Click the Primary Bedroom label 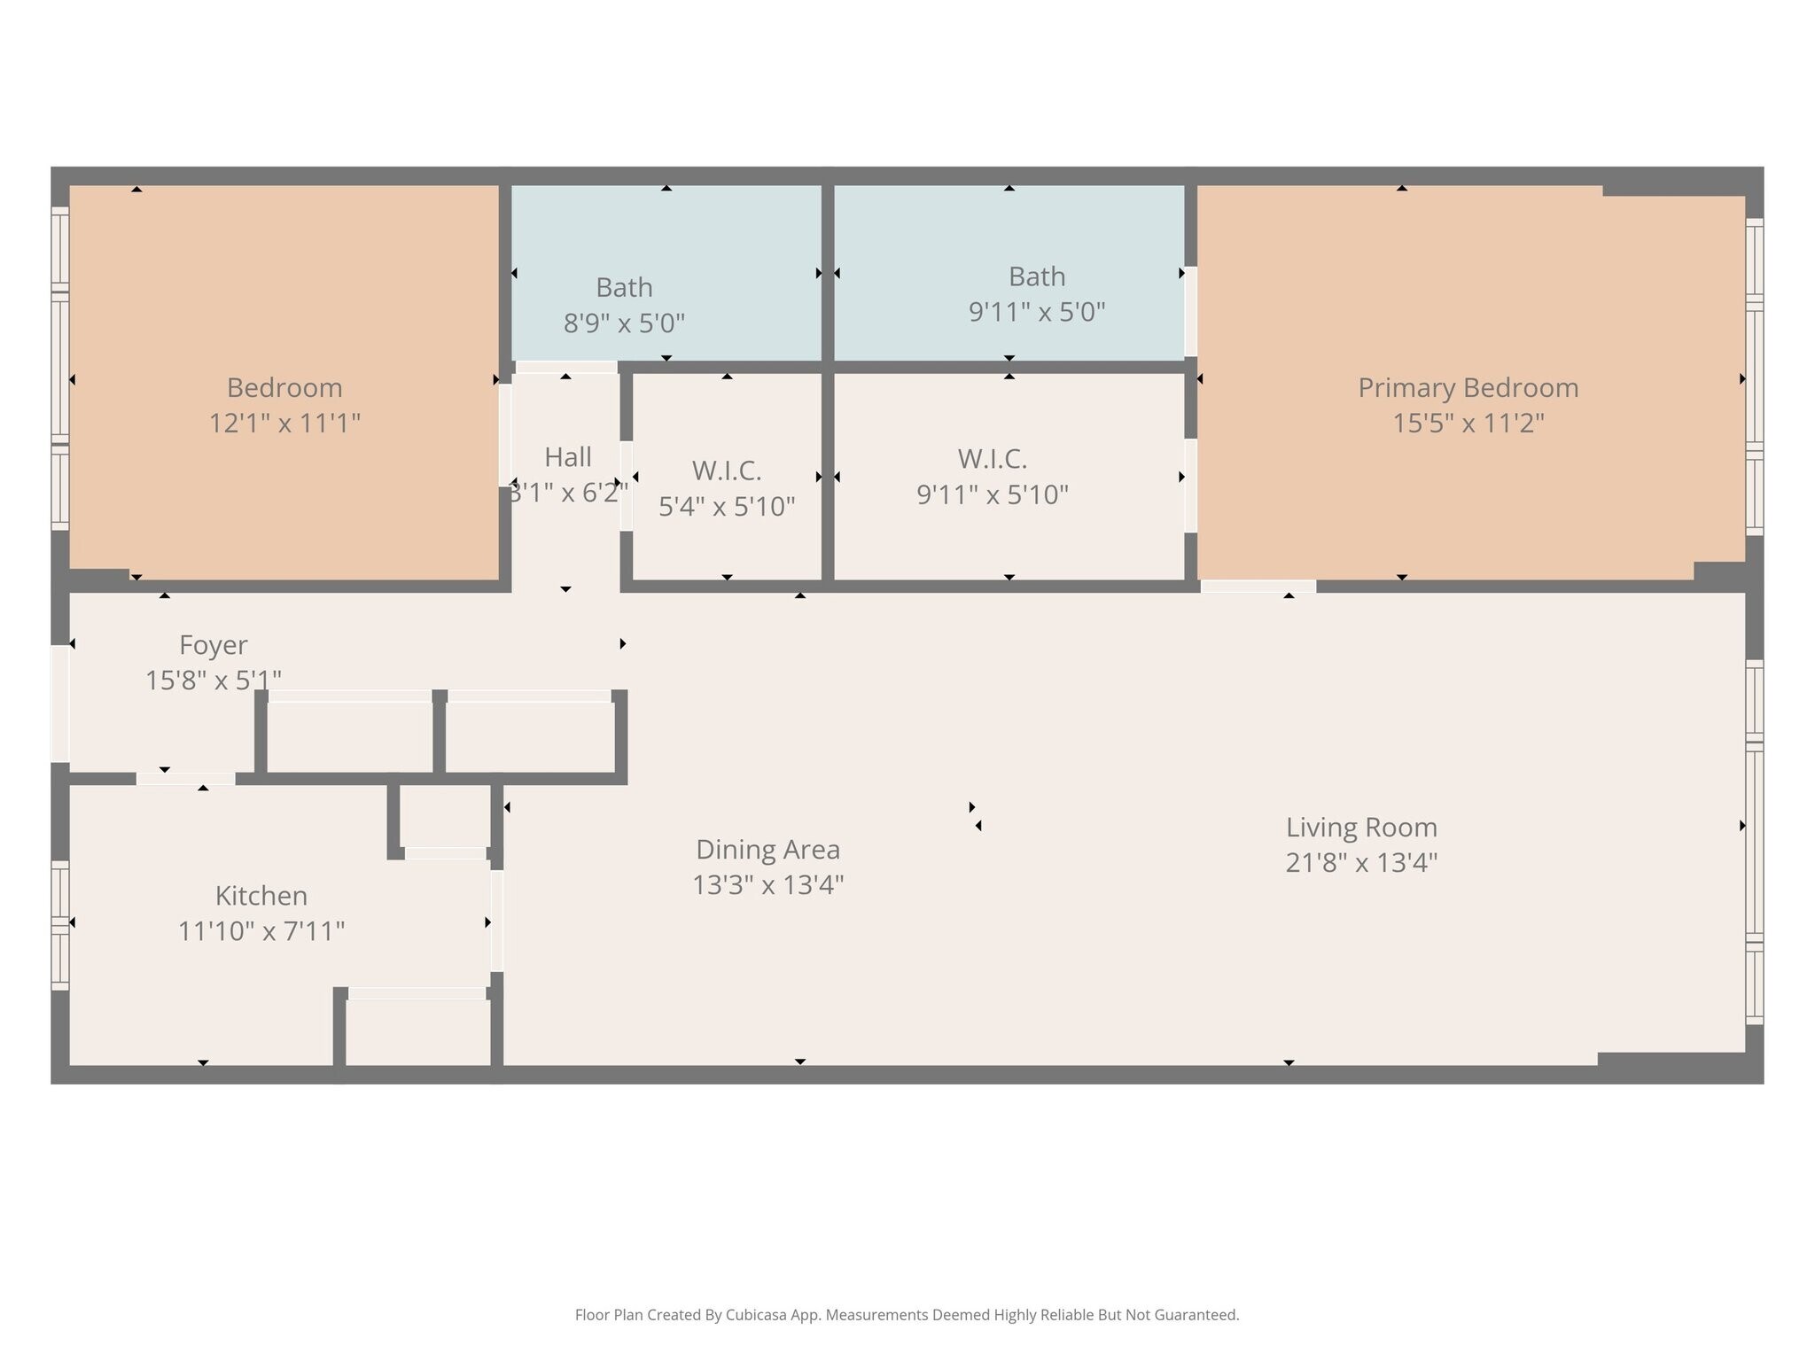pos(1468,388)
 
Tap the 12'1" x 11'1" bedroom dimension pos(284,423)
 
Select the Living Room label pos(1361,828)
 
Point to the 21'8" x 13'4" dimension pos(1361,862)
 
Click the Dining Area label pos(767,850)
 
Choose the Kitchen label pos(261,896)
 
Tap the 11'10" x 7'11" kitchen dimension pos(261,931)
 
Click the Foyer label pos(214,645)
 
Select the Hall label pos(568,457)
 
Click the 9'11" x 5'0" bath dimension pos(1037,312)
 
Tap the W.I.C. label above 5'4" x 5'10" pos(727,471)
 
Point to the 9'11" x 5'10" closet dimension pos(993,494)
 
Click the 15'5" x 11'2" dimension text pos(1468,423)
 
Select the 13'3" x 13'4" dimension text pos(767,884)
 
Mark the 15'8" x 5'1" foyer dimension pos(214,680)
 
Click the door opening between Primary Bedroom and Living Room pos(1258,586)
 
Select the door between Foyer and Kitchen pos(185,779)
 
